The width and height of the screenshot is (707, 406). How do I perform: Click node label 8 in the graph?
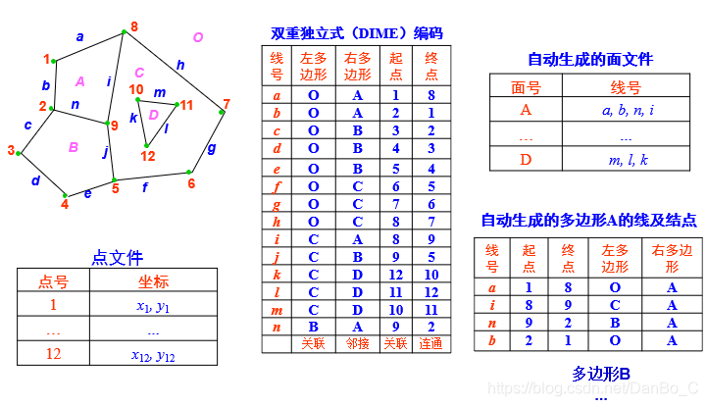[x=133, y=25]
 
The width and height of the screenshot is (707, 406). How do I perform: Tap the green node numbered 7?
[x=222, y=112]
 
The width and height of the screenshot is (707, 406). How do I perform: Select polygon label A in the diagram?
[x=80, y=80]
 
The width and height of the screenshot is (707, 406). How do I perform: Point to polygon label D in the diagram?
[x=153, y=115]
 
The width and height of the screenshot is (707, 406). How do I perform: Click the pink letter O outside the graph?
[x=198, y=37]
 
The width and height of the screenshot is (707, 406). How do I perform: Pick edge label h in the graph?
[x=179, y=66]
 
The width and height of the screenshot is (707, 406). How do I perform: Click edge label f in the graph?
[x=146, y=186]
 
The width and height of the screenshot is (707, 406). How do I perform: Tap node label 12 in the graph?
[x=148, y=156]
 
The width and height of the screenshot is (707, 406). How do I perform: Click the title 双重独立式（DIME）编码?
[x=357, y=32]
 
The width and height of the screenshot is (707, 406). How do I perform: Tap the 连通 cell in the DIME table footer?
[x=430, y=343]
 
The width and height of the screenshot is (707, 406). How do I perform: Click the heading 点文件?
[x=117, y=258]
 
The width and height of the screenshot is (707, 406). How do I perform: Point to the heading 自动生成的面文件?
[x=590, y=59]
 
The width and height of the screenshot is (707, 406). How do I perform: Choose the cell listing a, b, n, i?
[x=628, y=110]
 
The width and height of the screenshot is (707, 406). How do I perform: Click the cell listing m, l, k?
[x=628, y=159]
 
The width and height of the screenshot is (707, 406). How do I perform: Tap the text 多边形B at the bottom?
[x=600, y=374]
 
